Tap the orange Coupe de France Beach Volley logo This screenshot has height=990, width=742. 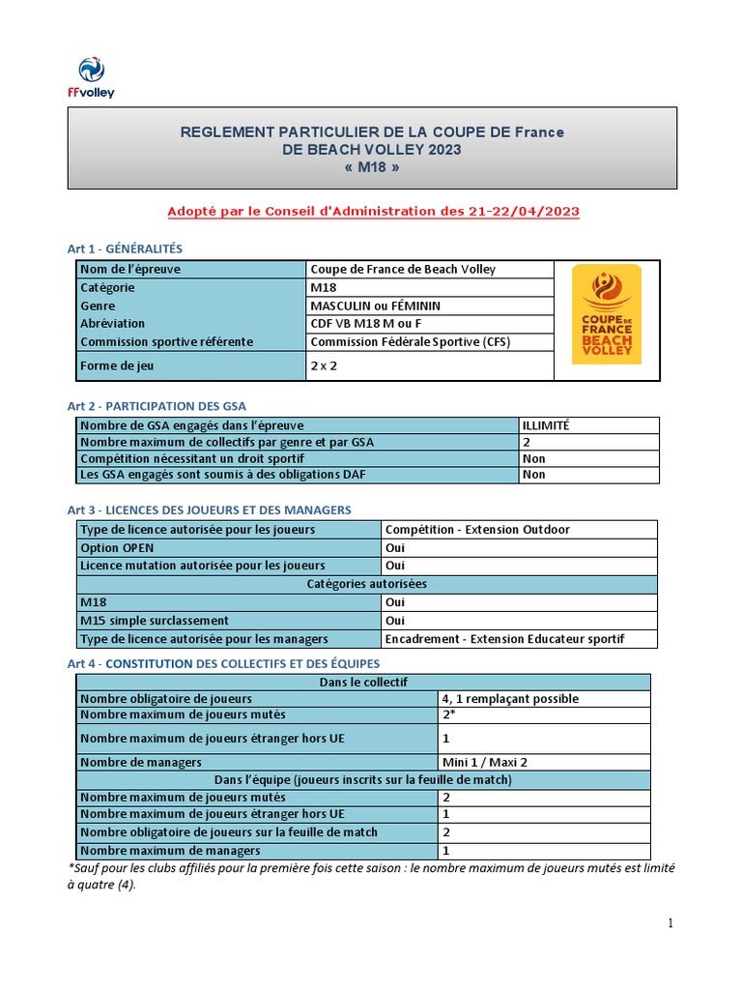click(606, 314)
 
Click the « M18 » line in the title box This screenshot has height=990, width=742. click(371, 167)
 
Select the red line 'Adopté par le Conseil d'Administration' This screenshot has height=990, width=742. click(373, 210)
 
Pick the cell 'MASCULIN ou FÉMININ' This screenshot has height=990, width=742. click(374, 306)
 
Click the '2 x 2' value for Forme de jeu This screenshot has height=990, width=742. click(324, 365)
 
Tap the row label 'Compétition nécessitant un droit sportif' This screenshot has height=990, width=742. click(192, 458)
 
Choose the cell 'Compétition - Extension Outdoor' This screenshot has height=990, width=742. click(477, 530)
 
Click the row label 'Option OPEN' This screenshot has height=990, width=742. click(117, 547)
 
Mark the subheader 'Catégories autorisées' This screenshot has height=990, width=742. click(366, 584)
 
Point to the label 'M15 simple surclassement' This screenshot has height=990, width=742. click(154, 620)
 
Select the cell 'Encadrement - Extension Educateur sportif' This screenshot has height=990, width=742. click(504, 638)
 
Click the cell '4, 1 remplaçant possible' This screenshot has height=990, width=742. click(510, 698)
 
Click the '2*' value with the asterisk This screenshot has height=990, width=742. click(449, 715)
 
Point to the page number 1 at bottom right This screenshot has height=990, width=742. click(671, 923)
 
